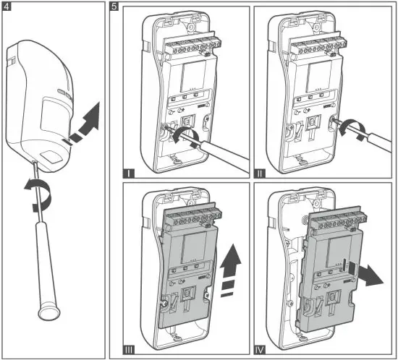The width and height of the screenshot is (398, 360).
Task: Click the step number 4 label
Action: (7, 7)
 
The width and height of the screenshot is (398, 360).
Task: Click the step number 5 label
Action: (114, 7)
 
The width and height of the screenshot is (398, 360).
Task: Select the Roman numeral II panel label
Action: (260, 173)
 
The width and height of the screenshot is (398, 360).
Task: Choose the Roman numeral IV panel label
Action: (260, 350)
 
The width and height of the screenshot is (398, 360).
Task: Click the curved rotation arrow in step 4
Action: (38, 194)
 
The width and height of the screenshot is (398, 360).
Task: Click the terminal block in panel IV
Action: (339, 219)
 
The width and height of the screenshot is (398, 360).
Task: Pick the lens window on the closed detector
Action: (54, 116)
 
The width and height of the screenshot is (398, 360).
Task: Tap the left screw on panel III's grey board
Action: (164, 303)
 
